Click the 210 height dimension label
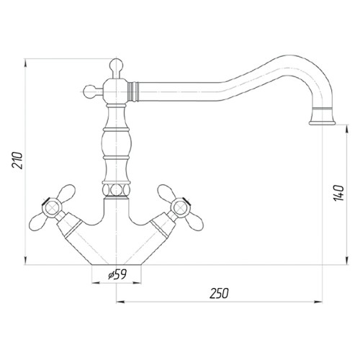point(17,161)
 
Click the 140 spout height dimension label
point(338,193)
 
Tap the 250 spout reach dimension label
point(219,293)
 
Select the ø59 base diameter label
point(117,274)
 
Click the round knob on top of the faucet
point(116,65)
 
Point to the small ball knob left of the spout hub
point(90,91)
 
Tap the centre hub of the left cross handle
point(52,207)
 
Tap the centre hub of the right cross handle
point(180,207)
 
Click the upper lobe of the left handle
point(66,192)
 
